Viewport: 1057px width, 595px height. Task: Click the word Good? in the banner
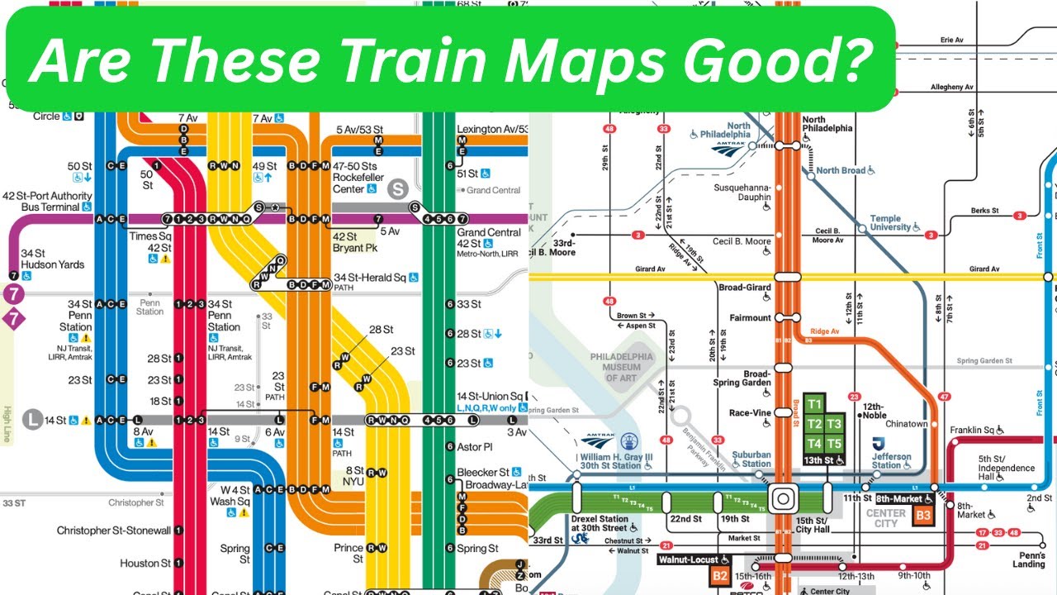(792, 59)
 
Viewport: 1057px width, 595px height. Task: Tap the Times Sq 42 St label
(151, 242)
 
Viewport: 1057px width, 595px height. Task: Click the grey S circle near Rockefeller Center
(400, 189)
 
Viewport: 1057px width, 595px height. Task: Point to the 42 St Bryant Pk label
(354, 242)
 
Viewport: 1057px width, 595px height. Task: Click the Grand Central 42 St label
(489, 238)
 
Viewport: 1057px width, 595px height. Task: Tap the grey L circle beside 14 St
(32, 420)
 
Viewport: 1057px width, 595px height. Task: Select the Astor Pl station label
(474, 446)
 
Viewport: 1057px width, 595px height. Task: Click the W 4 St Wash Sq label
(230, 496)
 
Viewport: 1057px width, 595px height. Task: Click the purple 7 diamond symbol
(13, 318)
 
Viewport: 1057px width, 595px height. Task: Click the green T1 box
(815, 404)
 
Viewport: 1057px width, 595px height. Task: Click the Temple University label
(889, 223)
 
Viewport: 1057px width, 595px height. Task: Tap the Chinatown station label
(907, 424)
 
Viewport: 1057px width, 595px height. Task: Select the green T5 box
(834, 444)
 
